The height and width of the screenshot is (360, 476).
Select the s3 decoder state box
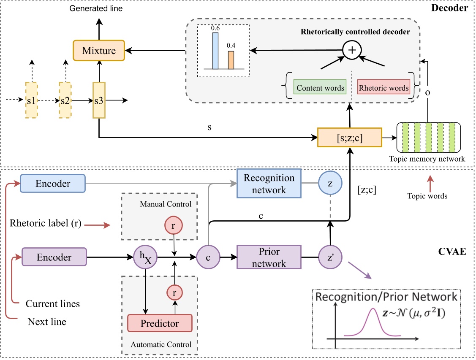tap(99, 100)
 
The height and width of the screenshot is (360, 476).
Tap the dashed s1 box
tap(31, 100)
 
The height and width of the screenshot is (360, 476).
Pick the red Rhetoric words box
tap(384, 88)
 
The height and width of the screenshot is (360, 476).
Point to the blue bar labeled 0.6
tap(215, 50)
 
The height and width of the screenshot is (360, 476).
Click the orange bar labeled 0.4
tap(231, 60)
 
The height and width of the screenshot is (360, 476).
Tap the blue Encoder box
tap(53, 184)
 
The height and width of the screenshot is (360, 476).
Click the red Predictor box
tap(160, 323)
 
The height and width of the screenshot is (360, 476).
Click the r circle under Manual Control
tap(176, 226)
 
